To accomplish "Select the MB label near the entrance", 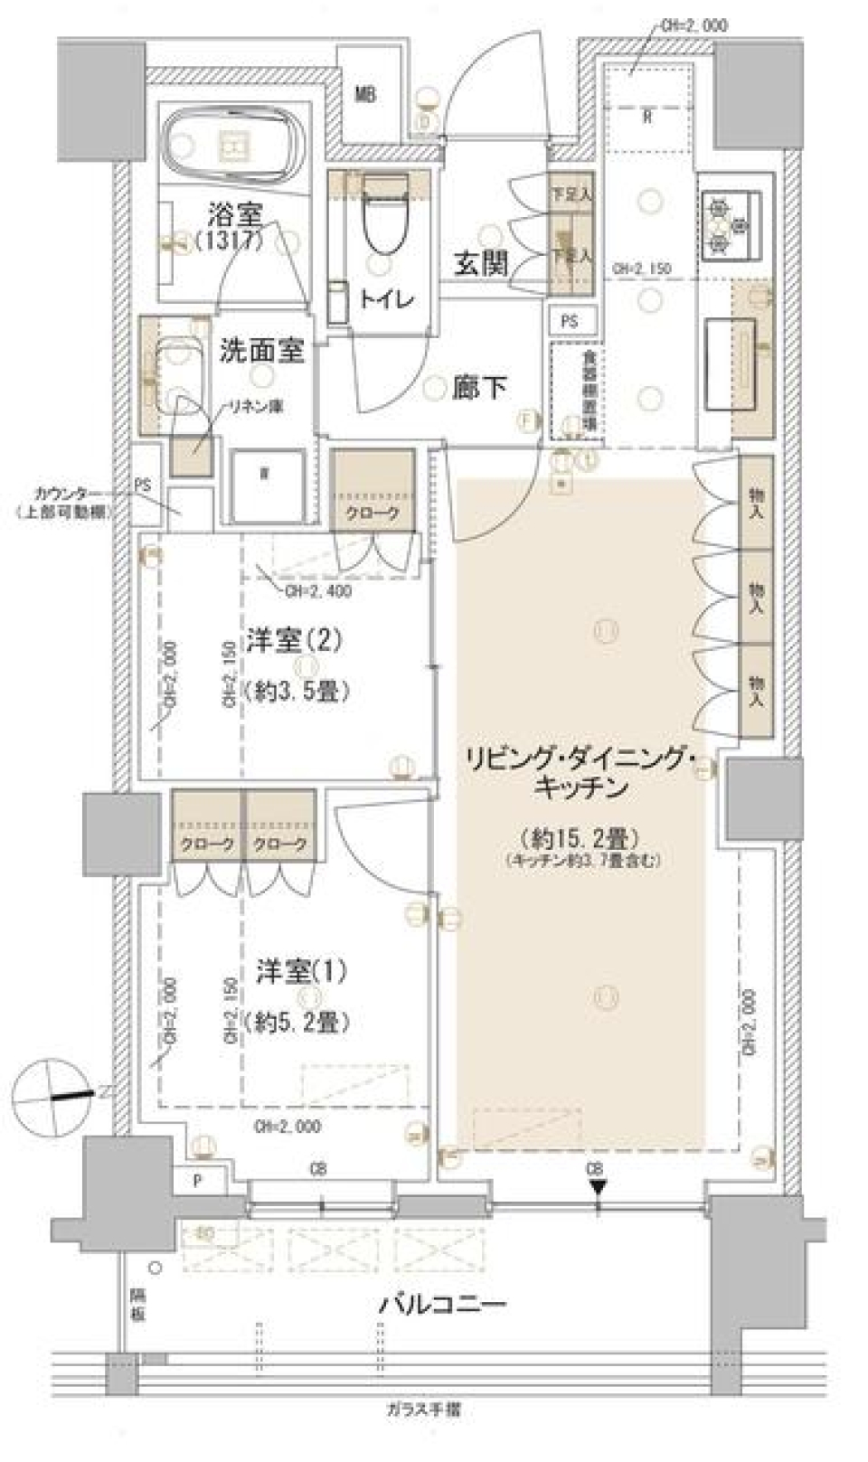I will click(364, 94).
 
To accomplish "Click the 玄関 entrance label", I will click(480, 263).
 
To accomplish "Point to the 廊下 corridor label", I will click(479, 388).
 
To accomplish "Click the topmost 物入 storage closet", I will click(756, 504).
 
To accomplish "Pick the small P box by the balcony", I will click(197, 1181).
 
